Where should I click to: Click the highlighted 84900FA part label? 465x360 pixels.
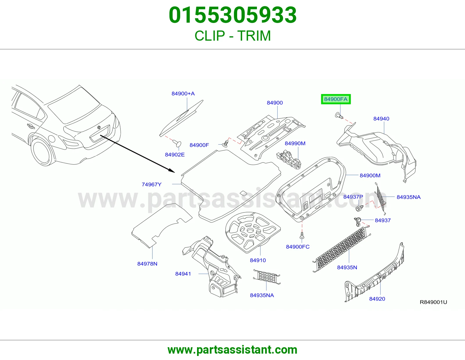(x=336, y=99)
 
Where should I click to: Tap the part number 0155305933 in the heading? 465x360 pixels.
(x=233, y=15)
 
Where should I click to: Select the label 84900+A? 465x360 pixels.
(x=183, y=93)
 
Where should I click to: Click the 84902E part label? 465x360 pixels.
(x=175, y=154)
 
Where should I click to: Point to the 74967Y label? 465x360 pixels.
(x=151, y=184)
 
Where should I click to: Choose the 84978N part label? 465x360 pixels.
(x=147, y=264)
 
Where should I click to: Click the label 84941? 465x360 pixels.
(x=183, y=274)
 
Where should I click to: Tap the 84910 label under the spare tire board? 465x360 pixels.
(x=258, y=260)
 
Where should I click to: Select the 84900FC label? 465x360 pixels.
(x=298, y=247)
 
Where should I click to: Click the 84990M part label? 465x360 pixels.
(x=295, y=143)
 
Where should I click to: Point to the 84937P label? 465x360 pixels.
(x=353, y=197)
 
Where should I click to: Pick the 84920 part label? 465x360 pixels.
(x=377, y=299)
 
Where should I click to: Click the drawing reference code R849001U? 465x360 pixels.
(x=433, y=302)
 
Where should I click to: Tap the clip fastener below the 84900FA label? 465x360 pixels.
(x=339, y=116)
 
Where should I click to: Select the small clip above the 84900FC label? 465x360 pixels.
(x=302, y=235)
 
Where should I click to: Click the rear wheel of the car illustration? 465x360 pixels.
(x=43, y=151)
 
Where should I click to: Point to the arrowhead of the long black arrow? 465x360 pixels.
(x=172, y=171)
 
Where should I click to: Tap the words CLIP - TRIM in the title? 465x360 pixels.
(x=233, y=36)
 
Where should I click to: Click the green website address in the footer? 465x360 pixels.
(x=233, y=350)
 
